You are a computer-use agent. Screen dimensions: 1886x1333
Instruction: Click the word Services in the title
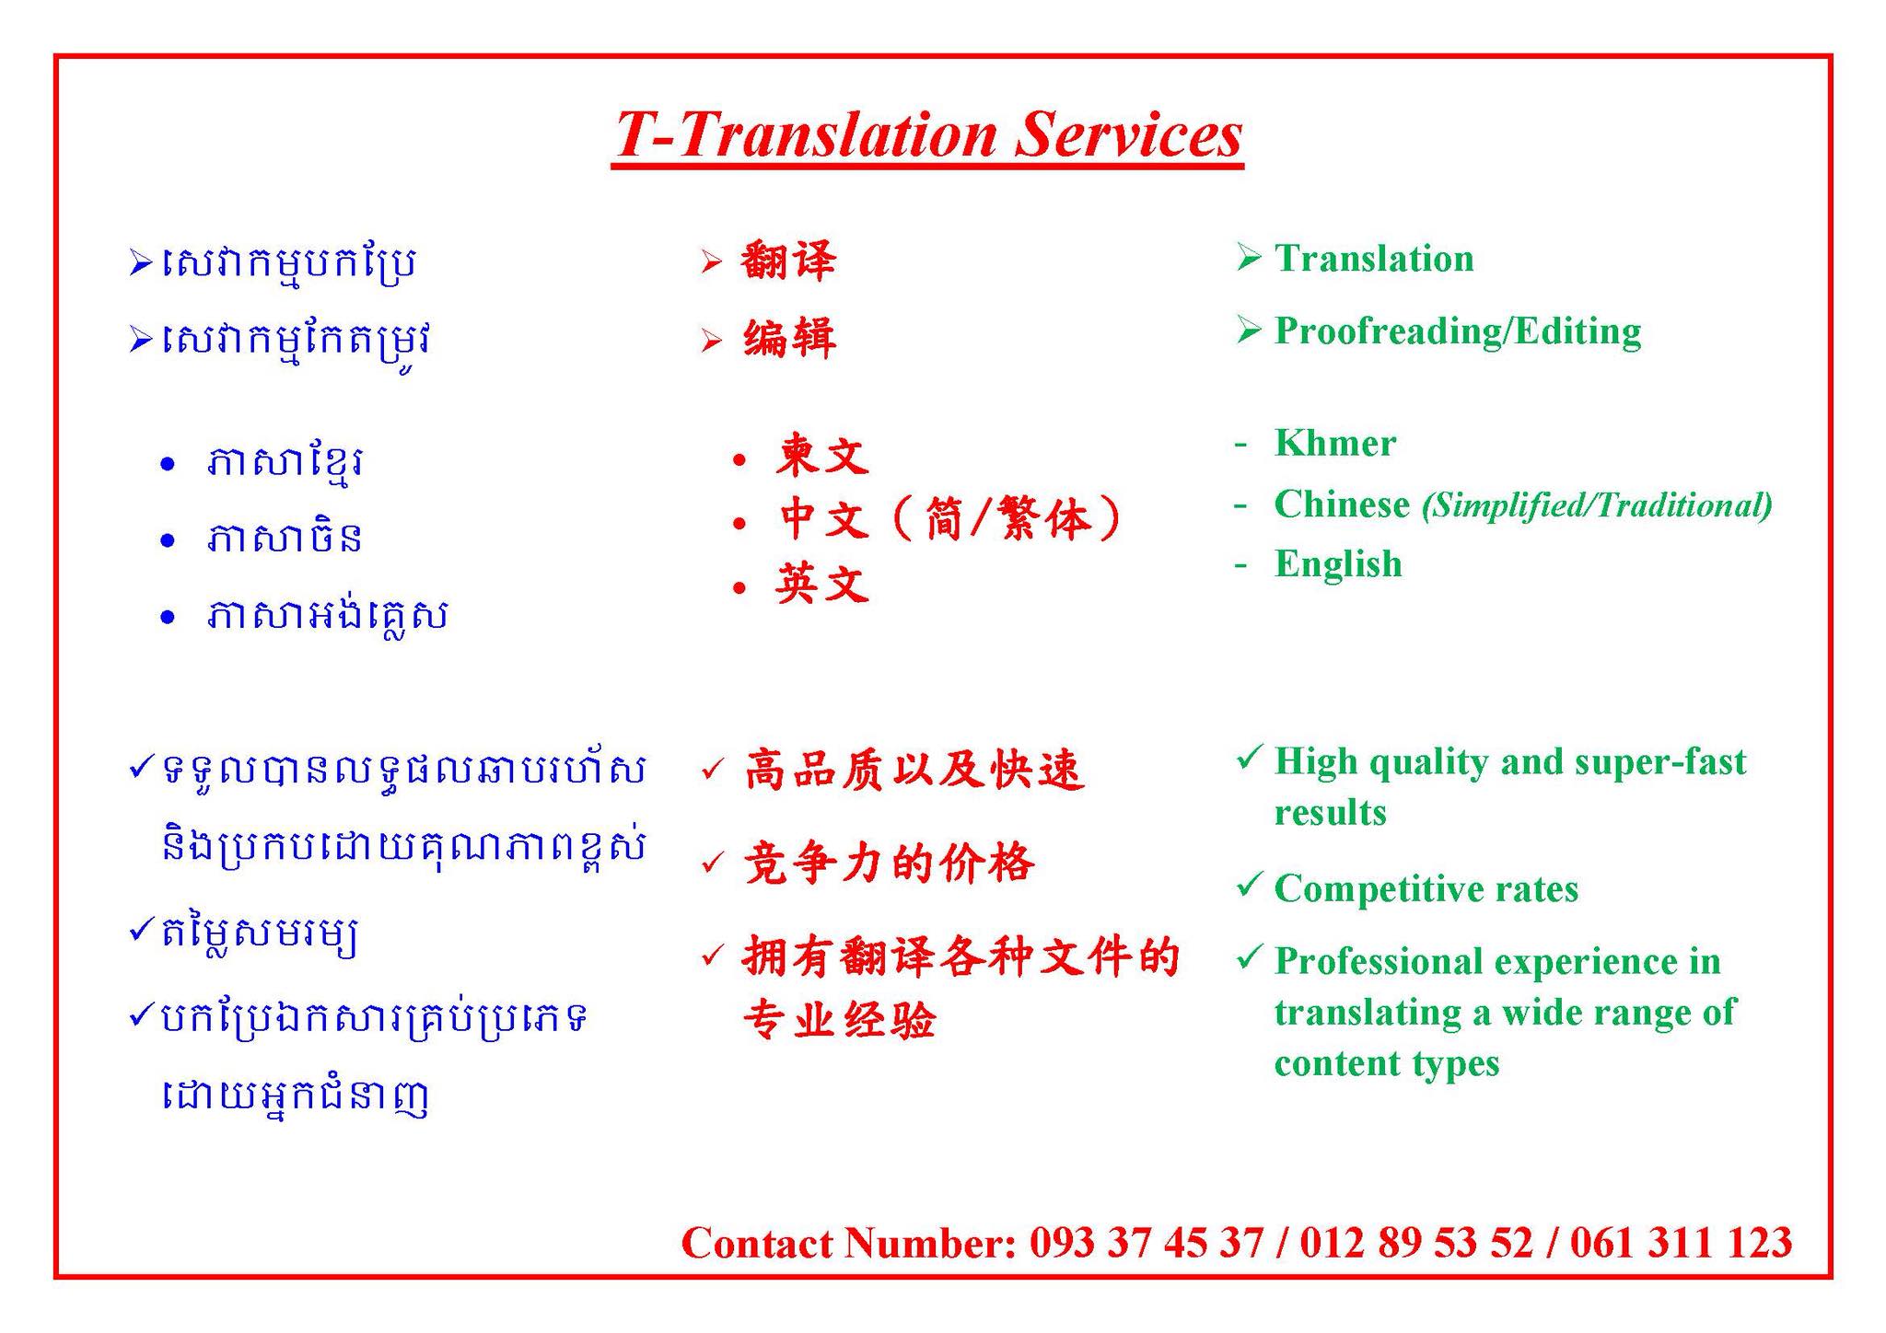point(1129,134)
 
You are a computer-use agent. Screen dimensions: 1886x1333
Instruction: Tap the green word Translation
point(1374,259)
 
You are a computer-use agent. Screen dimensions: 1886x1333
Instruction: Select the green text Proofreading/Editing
point(1458,331)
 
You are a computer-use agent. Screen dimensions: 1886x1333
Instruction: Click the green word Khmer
point(1335,443)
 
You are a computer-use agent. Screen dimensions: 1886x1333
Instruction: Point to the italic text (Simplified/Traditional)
point(1597,505)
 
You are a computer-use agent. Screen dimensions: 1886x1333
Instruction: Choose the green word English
point(1338,564)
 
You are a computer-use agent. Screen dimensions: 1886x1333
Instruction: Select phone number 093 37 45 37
point(1147,1243)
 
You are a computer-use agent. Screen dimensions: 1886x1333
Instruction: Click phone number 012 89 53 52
point(1416,1243)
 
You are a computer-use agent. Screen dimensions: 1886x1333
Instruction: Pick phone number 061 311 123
point(1682,1243)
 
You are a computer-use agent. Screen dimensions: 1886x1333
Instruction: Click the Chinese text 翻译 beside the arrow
point(788,261)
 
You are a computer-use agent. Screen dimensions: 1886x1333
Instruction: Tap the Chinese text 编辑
point(790,338)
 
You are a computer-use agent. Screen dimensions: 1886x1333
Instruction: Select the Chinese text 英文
point(822,584)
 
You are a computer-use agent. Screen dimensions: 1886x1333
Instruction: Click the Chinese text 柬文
point(822,455)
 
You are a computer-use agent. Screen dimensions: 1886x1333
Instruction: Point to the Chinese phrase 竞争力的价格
point(890,864)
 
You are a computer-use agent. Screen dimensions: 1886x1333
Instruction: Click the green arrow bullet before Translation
point(1248,257)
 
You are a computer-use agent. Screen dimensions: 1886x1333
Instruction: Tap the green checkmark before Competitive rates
point(1248,885)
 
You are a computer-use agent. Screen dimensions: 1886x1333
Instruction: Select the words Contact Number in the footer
point(848,1243)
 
